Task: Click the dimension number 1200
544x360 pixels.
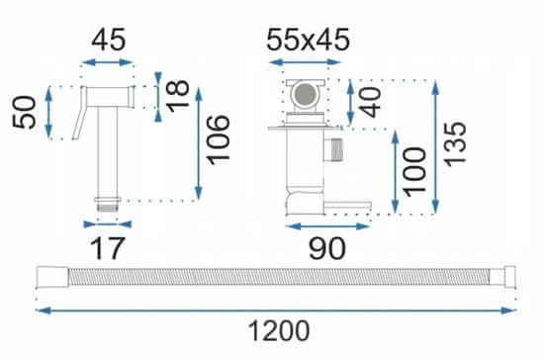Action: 279,331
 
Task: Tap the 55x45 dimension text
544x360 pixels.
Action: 308,40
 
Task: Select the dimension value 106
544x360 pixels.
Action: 219,139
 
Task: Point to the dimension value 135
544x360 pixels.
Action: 456,144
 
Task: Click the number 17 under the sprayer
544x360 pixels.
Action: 107,248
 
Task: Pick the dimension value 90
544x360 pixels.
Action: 327,248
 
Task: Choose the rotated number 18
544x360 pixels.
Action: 178,96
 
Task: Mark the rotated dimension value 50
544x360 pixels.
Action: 25,113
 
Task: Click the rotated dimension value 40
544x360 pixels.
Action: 370,103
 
